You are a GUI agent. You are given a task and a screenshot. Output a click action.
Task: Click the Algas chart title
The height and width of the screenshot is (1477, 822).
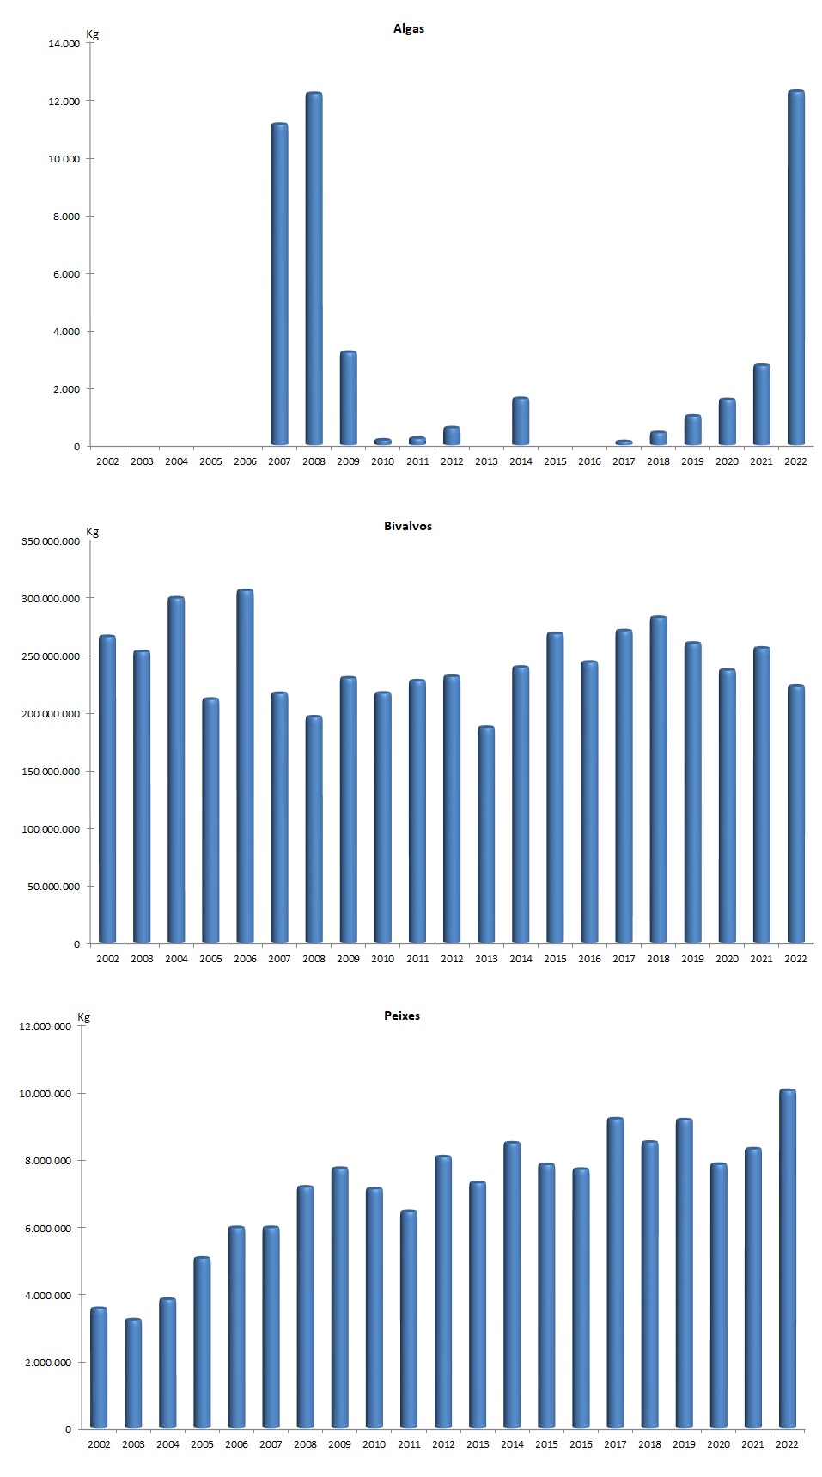pyautogui.click(x=409, y=28)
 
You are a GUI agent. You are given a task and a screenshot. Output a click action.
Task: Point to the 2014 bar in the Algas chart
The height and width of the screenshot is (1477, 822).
pyautogui.click(x=521, y=421)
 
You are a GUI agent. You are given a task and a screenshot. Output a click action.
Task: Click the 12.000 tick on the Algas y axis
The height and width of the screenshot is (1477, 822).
pyautogui.click(x=64, y=101)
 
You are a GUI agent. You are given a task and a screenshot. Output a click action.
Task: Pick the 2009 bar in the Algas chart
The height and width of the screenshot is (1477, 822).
pyautogui.click(x=348, y=398)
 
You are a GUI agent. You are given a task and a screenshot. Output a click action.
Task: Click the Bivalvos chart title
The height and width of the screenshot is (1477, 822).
pyautogui.click(x=408, y=526)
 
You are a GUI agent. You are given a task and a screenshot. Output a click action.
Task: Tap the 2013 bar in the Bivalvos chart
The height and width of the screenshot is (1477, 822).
pyautogui.click(x=486, y=834)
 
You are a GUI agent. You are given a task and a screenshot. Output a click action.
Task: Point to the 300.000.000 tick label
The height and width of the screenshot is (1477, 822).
pyautogui.click(x=51, y=599)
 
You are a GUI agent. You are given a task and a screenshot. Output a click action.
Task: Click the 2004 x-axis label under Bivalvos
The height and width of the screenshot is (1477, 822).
pyautogui.click(x=176, y=959)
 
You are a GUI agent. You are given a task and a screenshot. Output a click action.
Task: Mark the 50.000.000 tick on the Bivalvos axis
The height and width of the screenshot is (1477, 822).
pyautogui.click(x=54, y=887)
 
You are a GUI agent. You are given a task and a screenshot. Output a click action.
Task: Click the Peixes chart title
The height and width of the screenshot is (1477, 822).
pyautogui.click(x=402, y=1016)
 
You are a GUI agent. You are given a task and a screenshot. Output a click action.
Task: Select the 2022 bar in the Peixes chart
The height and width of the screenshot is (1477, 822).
pyautogui.click(x=787, y=1259)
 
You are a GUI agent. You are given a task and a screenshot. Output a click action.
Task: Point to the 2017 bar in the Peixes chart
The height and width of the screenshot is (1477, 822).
pyautogui.click(x=615, y=1273)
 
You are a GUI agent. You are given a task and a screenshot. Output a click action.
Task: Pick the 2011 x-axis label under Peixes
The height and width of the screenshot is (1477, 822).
pyautogui.click(x=409, y=1444)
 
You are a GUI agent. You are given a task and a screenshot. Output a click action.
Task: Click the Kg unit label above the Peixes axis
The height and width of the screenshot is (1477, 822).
pyautogui.click(x=84, y=1017)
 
